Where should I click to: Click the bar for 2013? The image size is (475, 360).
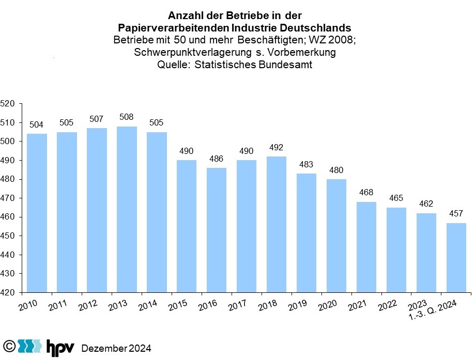127,209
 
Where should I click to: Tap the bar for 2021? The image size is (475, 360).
366,247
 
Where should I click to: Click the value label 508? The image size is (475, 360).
127,117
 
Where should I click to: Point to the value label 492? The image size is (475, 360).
277,147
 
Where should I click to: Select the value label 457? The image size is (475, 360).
456,213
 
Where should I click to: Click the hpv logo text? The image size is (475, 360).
60,347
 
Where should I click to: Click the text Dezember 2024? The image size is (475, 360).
116,348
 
